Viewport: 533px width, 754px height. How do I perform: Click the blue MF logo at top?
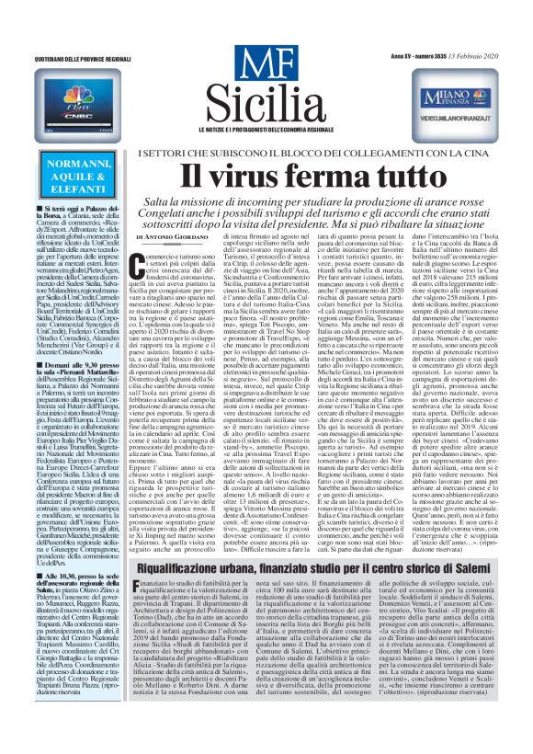click(266, 63)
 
